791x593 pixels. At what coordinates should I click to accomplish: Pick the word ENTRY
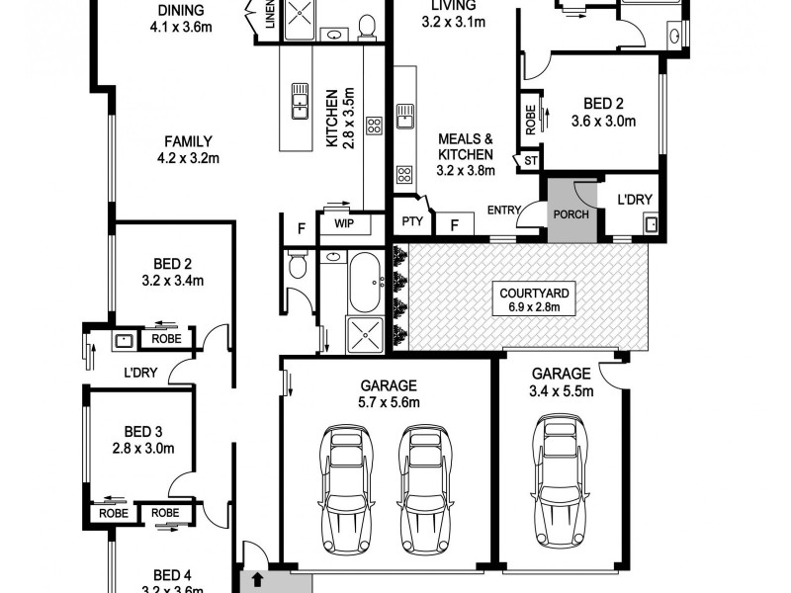click(x=504, y=209)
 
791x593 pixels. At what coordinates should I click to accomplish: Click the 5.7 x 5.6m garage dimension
click(x=390, y=402)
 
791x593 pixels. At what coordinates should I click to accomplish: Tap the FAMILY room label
click(x=189, y=141)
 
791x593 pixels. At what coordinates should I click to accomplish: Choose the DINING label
click(x=182, y=11)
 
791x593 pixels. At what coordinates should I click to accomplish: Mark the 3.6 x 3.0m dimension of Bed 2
click(x=602, y=122)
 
